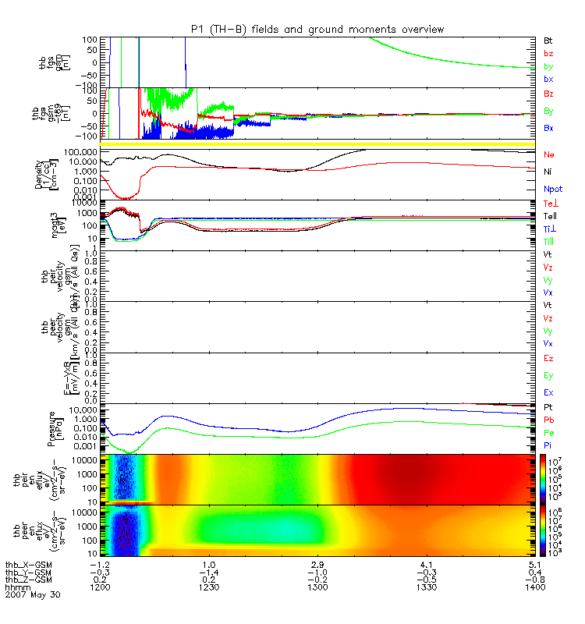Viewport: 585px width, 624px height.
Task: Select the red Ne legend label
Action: pyautogui.click(x=549, y=155)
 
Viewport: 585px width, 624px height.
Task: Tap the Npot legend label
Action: pyautogui.click(x=553, y=189)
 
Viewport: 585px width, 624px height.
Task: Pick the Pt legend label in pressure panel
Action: pyautogui.click(x=548, y=408)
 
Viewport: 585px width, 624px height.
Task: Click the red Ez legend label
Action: pyautogui.click(x=548, y=358)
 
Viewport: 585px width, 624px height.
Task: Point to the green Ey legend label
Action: pyautogui.click(x=548, y=375)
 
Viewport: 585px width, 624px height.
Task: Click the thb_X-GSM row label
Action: pyautogui.click(x=28, y=564)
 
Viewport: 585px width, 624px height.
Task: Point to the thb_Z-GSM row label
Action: pyautogui.click(x=28, y=579)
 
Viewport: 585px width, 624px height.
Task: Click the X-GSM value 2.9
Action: pyautogui.click(x=317, y=564)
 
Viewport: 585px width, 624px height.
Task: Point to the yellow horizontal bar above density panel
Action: pyautogui.click(x=321, y=144)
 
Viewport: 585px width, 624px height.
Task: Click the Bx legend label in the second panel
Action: pyautogui.click(x=548, y=128)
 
